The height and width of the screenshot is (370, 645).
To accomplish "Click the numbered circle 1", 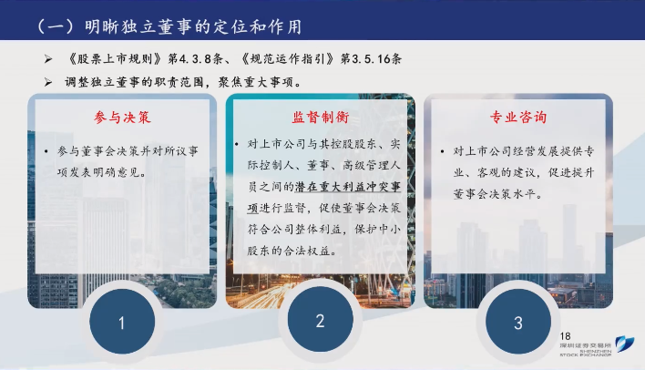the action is tap(122, 322).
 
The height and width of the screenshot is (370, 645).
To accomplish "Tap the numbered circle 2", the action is tap(320, 319).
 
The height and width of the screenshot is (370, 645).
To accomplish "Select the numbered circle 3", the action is tap(518, 322).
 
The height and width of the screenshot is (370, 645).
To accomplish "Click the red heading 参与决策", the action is tap(122, 118).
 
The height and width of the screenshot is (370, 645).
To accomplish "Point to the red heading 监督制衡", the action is tap(321, 117).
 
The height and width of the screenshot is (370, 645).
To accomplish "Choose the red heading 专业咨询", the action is tap(518, 117).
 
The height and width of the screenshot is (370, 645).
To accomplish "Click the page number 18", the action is tap(565, 336).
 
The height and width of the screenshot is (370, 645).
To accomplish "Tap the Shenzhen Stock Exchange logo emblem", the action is tap(624, 344).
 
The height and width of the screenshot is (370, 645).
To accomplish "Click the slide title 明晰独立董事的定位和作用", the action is tap(193, 26).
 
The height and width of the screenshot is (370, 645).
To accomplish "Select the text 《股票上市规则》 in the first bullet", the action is tap(116, 59).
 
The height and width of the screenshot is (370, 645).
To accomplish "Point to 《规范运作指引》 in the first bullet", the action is tap(288, 59).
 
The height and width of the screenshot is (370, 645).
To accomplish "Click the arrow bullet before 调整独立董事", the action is tap(48, 82).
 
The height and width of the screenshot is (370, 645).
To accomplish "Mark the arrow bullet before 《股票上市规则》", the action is tap(48, 59).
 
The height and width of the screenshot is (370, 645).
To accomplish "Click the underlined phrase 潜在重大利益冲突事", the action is tap(348, 187).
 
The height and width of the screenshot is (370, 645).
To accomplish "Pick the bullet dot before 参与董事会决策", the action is tap(46, 152).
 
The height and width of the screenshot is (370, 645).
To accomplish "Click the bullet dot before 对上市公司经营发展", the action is tap(442, 151).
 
